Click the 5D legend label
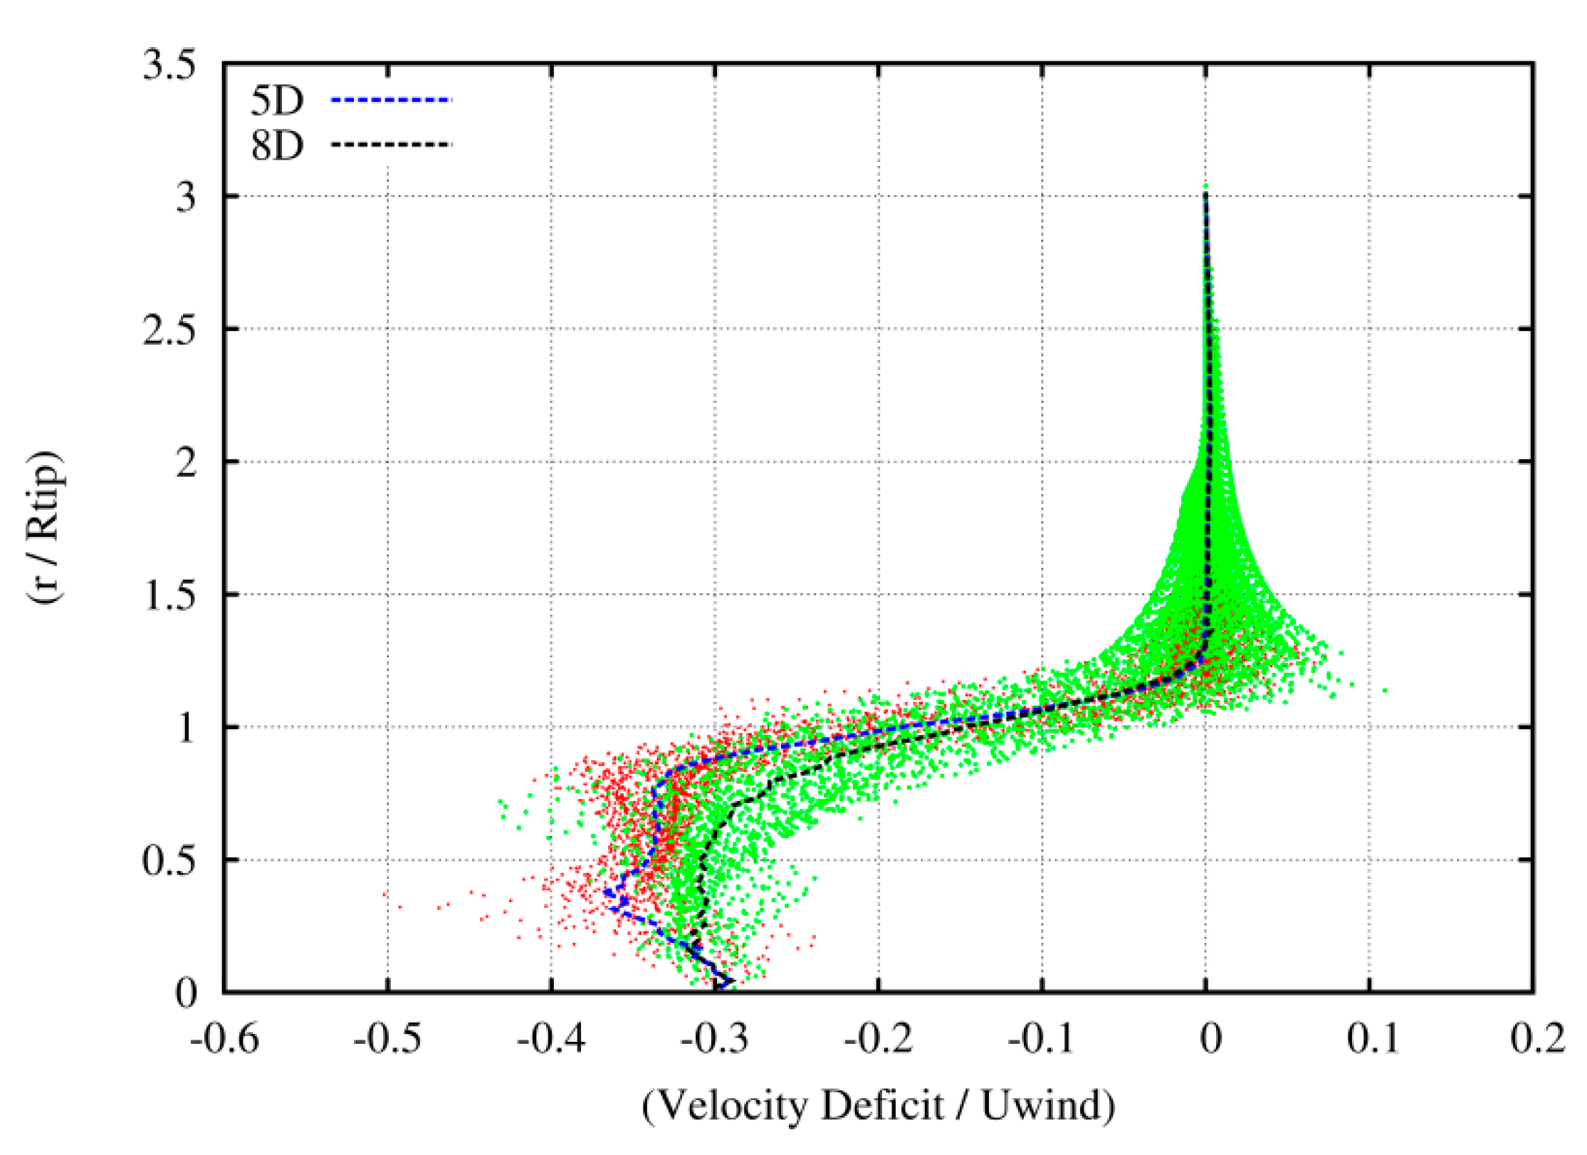(277, 101)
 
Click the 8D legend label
(277, 146)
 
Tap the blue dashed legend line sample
(391, 100)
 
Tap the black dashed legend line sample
(391, 145)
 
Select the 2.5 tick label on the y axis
(169, 330)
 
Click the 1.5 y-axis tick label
(169, 595)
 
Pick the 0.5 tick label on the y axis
(169, 861)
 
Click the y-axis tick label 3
(185, 197)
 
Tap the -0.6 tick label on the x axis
(224, 1039)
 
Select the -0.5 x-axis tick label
(388, 1039)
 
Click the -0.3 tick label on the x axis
(715, 1039)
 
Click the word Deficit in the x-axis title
(882, 1106)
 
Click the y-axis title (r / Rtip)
(46, 528)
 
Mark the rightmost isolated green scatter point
(1385, 690)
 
